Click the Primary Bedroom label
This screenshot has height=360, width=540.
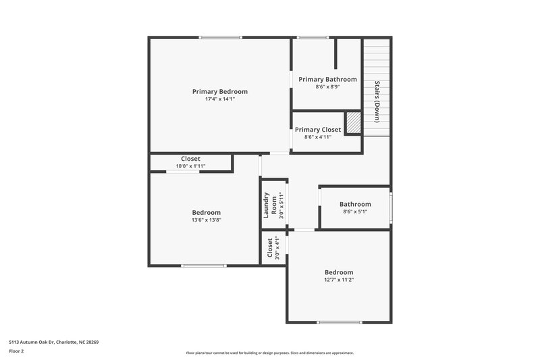[219, 91]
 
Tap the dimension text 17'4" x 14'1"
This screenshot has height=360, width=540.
[219, 99]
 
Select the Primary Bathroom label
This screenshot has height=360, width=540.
[327, 79]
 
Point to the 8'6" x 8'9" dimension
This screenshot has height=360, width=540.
[327, 86]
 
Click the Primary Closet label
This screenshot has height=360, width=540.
[318, 130]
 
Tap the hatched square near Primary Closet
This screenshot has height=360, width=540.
[353, 123]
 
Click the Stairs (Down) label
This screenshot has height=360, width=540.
[377, 101]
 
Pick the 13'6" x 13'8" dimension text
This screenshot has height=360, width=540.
[206, 220]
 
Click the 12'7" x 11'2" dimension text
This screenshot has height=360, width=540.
[338, 280]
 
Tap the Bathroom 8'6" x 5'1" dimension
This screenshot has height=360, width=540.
[355, 211]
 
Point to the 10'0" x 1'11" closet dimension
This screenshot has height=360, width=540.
[190, 166]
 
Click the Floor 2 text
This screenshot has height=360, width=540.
[17, 351]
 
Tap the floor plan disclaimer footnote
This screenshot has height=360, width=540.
[269, 353]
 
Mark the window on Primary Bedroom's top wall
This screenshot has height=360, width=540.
[220, 37]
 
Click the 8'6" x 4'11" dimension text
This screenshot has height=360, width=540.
[318, 137]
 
